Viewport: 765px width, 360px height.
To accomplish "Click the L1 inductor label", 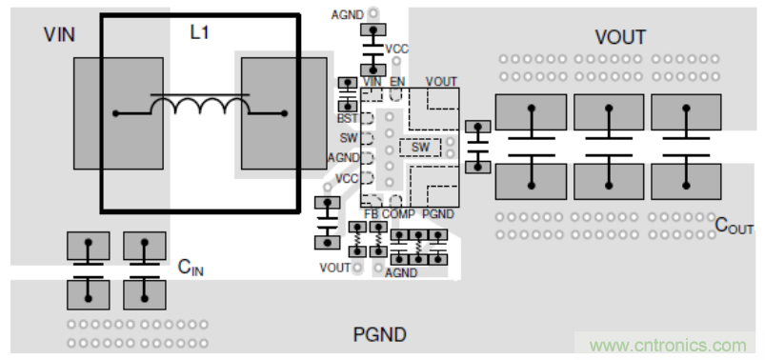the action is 199,32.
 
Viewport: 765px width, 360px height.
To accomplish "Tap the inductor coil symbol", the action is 200,105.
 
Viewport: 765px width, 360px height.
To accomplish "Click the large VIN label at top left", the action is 59,34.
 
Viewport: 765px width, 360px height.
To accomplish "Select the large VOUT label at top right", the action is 620,37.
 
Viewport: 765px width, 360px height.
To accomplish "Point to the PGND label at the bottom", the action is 379,335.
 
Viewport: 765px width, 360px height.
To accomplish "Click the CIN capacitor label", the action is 191,268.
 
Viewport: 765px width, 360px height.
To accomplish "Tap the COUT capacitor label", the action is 734,226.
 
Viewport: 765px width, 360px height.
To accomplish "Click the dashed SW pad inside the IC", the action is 420,148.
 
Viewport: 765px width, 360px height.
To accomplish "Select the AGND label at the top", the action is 348,15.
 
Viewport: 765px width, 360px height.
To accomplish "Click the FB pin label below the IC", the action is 372,214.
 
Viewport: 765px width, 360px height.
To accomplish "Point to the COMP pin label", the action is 398,214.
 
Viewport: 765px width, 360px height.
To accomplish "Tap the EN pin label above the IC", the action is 397,82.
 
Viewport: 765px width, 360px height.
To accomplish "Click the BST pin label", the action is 348,118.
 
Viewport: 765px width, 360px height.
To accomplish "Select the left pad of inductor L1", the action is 118,113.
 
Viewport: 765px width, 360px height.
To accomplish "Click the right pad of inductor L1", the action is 284,113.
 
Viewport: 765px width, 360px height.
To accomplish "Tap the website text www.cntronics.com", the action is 668,346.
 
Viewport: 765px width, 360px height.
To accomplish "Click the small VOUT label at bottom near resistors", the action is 334,268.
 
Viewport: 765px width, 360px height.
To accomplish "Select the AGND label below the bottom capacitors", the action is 401,273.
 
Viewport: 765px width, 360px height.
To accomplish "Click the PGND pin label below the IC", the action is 438,214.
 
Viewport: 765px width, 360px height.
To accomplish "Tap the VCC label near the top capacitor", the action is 396,50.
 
